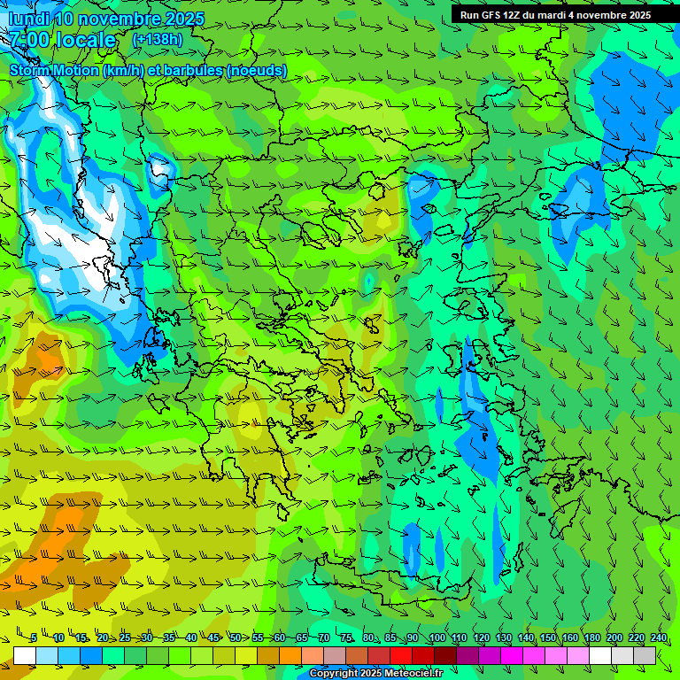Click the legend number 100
(437, 637)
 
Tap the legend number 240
(658, 637)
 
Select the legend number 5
(34, 637)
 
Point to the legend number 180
(591, 637)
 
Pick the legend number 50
(236, 637)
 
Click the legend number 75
(346, 637)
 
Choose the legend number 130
(503, 637)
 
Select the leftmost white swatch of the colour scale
(25, 655)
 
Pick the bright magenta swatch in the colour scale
(513, 655)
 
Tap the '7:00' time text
(29, 40)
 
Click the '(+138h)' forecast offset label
(157, 40)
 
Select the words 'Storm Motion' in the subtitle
(53, 70)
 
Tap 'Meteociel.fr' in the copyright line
(398, 674)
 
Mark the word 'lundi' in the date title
(28, 19)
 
